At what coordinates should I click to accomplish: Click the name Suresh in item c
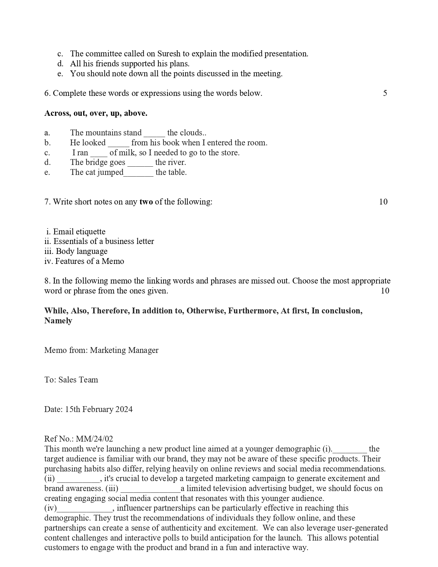[x=169, y=54]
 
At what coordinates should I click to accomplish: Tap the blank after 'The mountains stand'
[x=154, y=133]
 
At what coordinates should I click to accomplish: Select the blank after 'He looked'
[x=119, y=143]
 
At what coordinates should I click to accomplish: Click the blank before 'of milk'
[x=99, y=153]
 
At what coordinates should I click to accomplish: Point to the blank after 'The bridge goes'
[x=140, y=163]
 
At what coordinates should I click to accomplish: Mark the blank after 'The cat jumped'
[x=138, y=173]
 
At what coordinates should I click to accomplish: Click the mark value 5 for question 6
[x=385, y=93]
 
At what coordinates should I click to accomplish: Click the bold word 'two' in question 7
[x=146, y=202]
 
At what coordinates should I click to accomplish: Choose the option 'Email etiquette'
[x=79, y=232]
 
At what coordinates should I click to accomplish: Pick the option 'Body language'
[x=81, y=252]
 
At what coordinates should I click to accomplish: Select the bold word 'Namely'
[x=58, y=321]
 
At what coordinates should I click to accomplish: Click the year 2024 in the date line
[x=124, y=410]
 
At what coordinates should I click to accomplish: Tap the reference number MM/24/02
[x=94, y=439]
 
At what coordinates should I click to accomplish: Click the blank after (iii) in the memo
[x=150, y=489]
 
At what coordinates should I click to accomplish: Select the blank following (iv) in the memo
[x=85, y=509]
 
